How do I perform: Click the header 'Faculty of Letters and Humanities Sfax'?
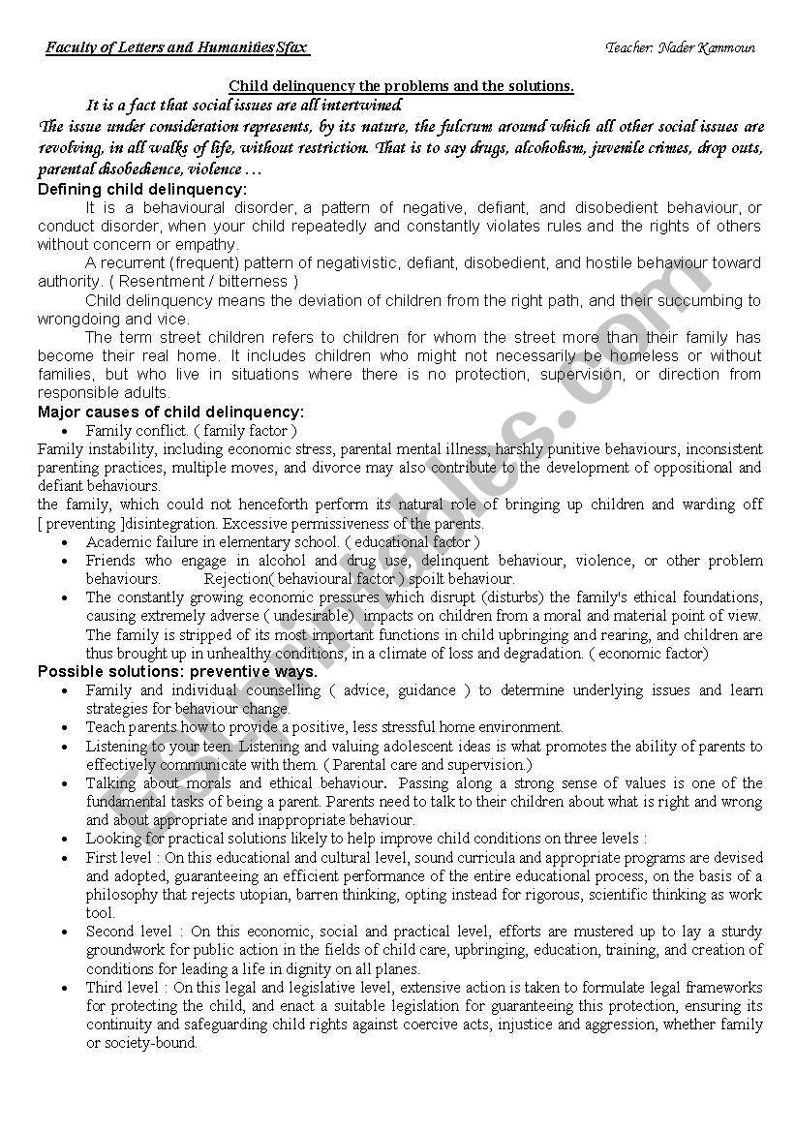[x=176, y=47]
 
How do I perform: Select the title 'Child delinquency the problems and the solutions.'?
[x=401, y=86]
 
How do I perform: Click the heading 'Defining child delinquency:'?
[x=142, y=189]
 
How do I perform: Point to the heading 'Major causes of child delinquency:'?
[x=170, y=412]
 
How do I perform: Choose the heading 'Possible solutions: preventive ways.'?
[x=177, y=671]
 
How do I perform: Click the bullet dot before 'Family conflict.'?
[x=65, y=431]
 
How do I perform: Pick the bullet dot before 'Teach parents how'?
[x=65, y=727]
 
